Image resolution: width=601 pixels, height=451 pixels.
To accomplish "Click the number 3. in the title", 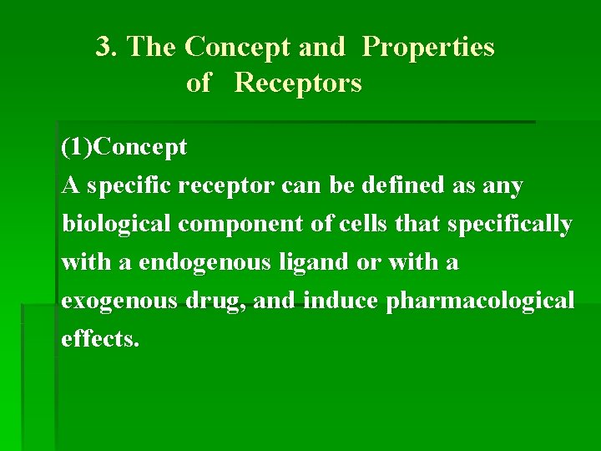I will (106, 47).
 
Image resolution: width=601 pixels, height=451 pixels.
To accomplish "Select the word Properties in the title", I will (428, 48).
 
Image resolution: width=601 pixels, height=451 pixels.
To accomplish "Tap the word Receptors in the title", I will (298, 84).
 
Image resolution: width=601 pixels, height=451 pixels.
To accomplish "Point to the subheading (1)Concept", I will (124, 149).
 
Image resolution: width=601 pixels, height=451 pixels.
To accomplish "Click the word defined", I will (398, 185).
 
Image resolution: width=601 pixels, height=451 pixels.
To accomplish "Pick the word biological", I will (116, 224).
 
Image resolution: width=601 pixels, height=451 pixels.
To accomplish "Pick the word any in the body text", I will (503, 185).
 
